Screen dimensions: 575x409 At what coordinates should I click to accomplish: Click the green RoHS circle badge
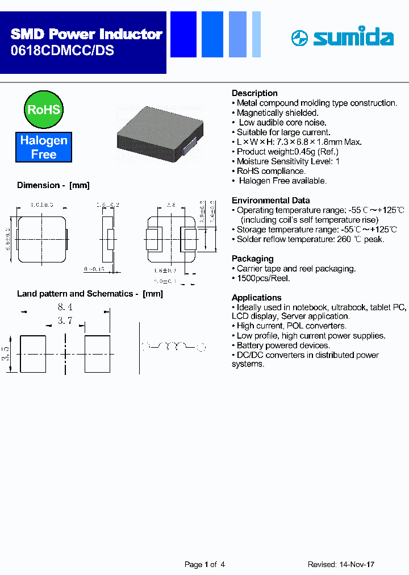[x=44, y=109]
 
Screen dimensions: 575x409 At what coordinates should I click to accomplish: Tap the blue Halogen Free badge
[x=44, y=147]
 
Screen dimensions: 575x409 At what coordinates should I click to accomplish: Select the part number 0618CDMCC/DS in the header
[x=62, y=51]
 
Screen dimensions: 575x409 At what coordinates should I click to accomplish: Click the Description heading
[x=254, y=93]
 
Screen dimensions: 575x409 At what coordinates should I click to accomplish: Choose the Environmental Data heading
[x=271, y=201]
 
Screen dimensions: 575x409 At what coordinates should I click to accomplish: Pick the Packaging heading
[x=252, y=259]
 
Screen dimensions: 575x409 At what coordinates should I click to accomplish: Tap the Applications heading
[x=257, y=298]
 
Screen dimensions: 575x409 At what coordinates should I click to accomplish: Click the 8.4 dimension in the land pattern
[x=65, y=307]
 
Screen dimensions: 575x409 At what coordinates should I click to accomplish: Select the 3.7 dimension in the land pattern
[x=65, y=321]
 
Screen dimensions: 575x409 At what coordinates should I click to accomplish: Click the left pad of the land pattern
[x=33, y=354]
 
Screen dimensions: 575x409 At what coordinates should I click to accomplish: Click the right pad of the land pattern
[x=97, y=354]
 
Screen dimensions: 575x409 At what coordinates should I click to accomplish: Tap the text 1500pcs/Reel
[x=263, y=278]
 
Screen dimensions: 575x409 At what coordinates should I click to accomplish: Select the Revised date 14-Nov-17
[x=341, y=565]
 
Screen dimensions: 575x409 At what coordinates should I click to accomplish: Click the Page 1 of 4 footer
[x=204, y=565]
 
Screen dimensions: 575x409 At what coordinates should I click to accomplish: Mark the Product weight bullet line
[x=287, y=152]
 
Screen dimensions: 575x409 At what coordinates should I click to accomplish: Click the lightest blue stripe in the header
[x=256, y=34]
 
